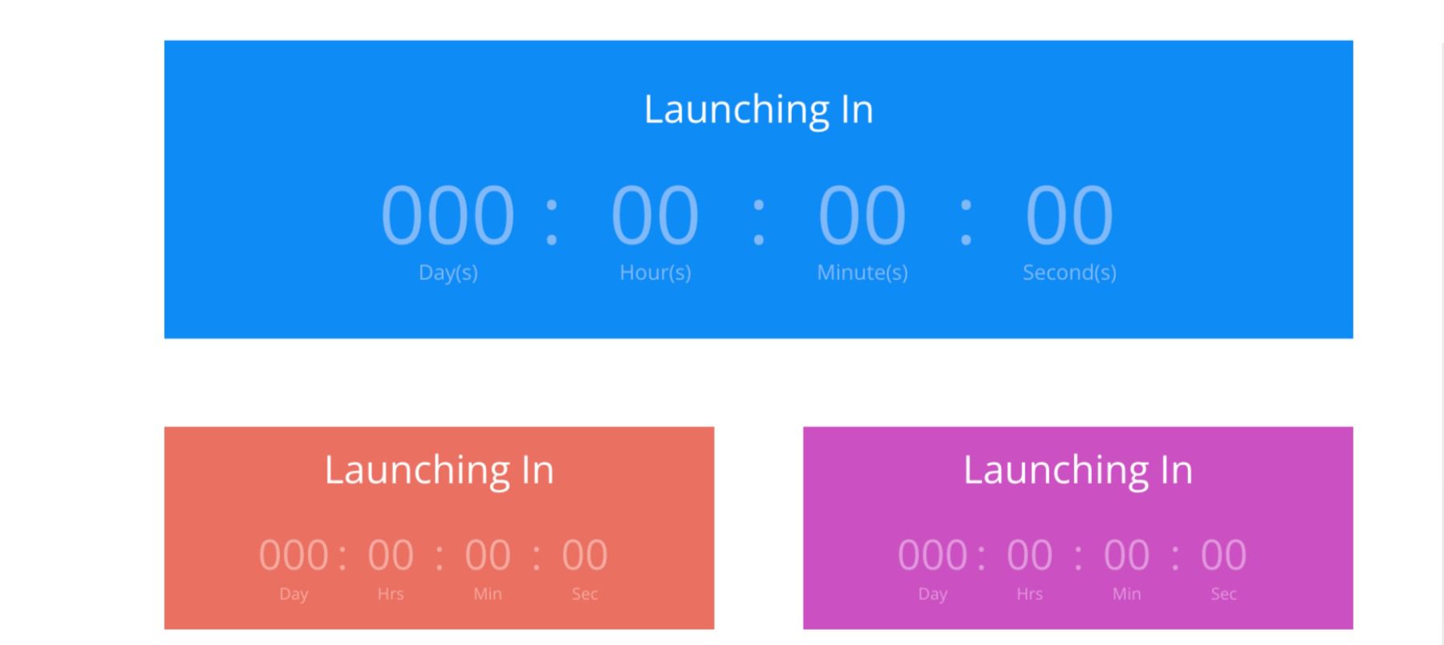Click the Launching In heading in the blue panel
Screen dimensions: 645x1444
pyautogui.click(x=758, y=110)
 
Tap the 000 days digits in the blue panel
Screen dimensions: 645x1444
pyautogui.click(x=448, y=215)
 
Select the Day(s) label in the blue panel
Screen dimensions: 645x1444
pyautogui.click(x=448, y=273)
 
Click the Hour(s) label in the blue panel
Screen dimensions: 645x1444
pyautogui.click(x=655, y=273)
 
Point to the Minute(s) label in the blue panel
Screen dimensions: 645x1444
pyautogui.click(x=862, y=273)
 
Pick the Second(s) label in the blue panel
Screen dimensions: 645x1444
pyautogui.click(x=1069, y=273)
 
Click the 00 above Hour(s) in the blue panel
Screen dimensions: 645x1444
pyautogui.click(x=655, y=215)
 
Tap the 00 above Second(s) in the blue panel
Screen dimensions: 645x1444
pyautogui.click(x=1069, y=215)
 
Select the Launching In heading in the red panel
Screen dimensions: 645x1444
pyautogui.click(x=439, y=470)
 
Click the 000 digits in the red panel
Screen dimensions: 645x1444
pyautogui.click(x=294, y=555)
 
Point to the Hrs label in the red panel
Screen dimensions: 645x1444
pyautogui.click(x=391, y=594)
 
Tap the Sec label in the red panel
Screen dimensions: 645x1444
pyautogui.click(x=585, y=594)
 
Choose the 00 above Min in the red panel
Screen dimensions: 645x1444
pyautogui.click(x=488, y=555)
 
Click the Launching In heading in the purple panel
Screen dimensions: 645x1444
pyautogui.click(x=1077, y=470)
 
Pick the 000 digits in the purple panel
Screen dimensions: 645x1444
pyautogui.click(x=932, y=555)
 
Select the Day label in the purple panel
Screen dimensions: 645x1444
pyautogui.click(x=932, y=594)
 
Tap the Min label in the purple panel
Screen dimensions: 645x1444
pyautogui.click(x=1126, y=594)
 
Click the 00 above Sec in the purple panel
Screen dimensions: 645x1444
pyautogui.click(x=1223, y=555)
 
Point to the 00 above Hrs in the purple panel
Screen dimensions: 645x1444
pyautogui.click(x=1029, y=555)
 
